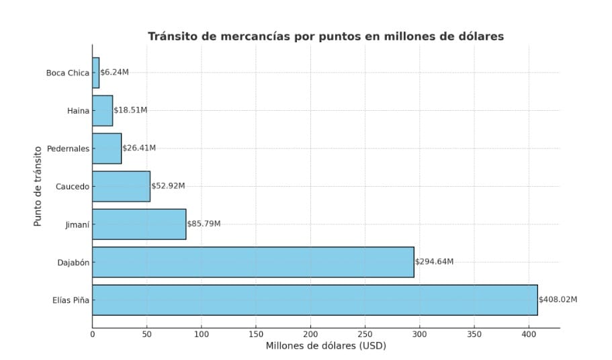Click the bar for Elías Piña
click(314, 300)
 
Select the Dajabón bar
click(253, 262)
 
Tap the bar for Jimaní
click(139, 224)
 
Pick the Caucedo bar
click(121, 186)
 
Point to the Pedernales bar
click(107, 148)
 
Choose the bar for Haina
click(102, 110)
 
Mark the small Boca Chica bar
click(95, 73)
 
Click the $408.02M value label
click(558, 300)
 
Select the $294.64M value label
click(434, 262)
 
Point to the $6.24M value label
click(114, 73)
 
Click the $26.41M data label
click(139, 148)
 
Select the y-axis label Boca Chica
click(67, 73)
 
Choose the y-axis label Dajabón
click(73, 262)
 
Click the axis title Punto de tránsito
click(38, 186)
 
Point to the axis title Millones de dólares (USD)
click(326, 347)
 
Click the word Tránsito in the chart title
click(173, 36)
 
